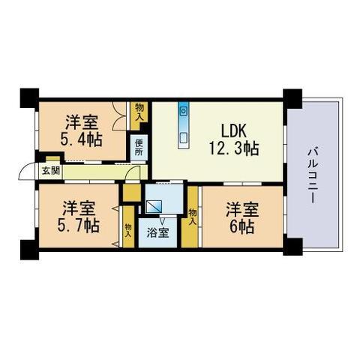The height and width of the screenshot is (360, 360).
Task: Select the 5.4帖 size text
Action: click(81, 139)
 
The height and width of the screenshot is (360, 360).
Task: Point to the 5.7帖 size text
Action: click(79, 226)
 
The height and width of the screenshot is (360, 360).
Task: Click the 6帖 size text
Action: click(242, 226)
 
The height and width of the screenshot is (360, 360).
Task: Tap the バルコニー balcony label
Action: click(313, 175)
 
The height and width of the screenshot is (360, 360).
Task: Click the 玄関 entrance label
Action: click(51, 171)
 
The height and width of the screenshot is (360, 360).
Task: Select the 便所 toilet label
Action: click(139, 148)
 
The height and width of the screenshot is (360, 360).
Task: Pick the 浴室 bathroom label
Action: click(157, 233)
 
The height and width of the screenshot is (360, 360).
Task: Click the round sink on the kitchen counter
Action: click(184, 111)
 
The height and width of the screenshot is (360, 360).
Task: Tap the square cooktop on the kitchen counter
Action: click(184, 137)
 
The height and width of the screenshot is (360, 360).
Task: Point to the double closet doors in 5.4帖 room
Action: click(120, 115)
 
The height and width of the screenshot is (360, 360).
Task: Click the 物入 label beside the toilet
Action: click(139, 112)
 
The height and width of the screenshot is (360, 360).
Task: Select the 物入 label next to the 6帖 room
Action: click(192, 217)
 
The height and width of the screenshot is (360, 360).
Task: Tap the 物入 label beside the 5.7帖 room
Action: click(128, 231)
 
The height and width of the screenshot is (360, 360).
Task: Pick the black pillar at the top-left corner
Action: click(29, 98)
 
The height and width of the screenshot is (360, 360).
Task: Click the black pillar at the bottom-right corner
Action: click(292, 247)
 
